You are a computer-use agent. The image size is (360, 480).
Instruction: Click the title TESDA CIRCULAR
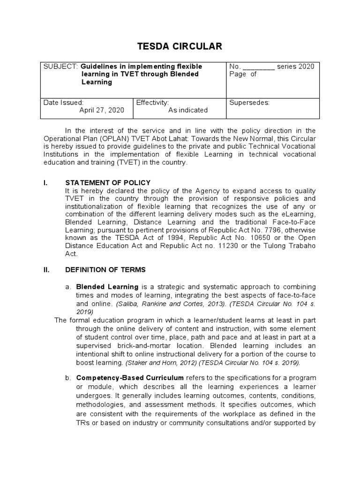(180, 46)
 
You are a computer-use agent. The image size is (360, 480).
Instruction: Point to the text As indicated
(188, 110)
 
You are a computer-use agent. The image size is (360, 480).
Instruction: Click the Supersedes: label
(249, 102)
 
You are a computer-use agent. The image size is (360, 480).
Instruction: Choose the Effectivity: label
(152, 102)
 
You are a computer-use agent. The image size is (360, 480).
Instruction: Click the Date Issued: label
(63, 102)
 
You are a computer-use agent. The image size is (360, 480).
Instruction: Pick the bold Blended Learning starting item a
(107, 286)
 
